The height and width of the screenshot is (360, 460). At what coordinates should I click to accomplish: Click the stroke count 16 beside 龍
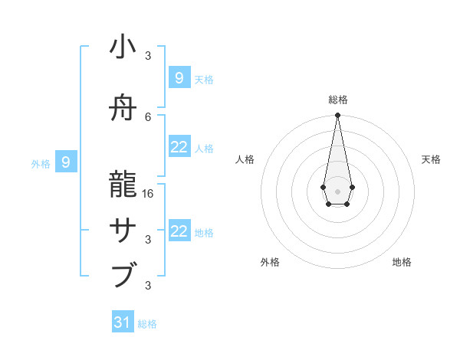(149, 194)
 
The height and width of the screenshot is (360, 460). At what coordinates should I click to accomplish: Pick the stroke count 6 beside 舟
(149, 116)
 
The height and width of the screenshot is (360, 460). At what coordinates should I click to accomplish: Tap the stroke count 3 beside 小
(148, 56)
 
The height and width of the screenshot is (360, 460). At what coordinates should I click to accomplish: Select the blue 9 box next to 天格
(179, 77)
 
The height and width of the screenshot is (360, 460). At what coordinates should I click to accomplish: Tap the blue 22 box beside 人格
(179, 147)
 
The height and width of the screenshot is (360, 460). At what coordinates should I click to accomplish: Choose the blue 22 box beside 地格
(179, 231)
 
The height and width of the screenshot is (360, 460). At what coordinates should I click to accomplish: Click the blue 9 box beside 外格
(66, 162)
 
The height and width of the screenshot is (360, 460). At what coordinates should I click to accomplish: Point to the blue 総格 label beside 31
(147, 324)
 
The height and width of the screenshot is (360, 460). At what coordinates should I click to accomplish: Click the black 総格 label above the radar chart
(337, 100)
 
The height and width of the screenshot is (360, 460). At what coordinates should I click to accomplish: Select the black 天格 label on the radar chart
(431, 159)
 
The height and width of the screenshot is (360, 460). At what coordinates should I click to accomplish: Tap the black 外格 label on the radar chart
(270, 262)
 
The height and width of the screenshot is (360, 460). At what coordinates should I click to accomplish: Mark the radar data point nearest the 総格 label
(337, 116)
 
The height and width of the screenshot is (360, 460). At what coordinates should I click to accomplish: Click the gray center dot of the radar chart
(337, 191)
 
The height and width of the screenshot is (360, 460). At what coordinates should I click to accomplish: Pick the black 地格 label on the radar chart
(402, 262)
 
